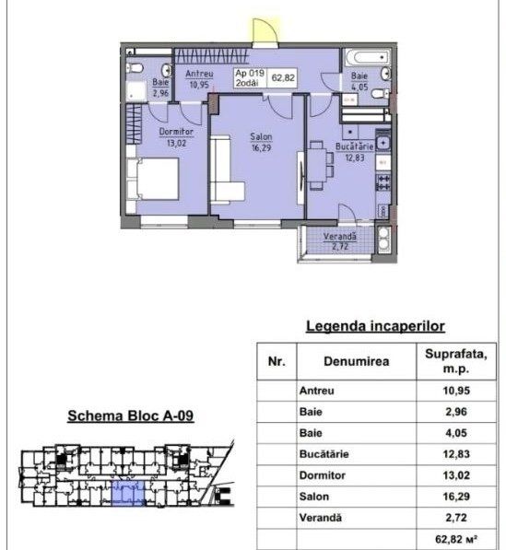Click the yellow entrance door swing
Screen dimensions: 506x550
[x=264, y=32]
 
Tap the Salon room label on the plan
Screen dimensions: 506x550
[x=261, y=136]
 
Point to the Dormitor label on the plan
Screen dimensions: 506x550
[x=176, y=132]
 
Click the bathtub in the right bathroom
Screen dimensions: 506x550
[x=367, y=57]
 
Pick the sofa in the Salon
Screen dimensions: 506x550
[x=225, y=170]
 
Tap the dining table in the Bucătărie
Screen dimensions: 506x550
[x=318, y=166]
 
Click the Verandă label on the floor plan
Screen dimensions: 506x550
[x=339, y=237]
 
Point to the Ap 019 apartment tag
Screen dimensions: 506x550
[x=250, y=74]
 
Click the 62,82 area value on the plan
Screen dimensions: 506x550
[x=283, y=77]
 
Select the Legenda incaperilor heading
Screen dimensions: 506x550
[x=375, y=326]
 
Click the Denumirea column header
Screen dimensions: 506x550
[x=356, y=361]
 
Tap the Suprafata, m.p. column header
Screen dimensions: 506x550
[x=456, y=361]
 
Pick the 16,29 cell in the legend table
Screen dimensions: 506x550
[x=456, y=497]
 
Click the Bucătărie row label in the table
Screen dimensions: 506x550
[x=324, y=454]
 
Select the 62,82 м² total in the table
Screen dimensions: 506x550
[x=456, y=538]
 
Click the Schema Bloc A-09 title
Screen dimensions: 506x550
[x=131, y=415]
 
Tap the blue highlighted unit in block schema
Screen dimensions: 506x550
[x=128, y=493]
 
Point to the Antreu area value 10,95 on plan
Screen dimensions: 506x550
[x=199, y=85]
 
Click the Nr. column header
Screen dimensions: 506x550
[x=277, y=361]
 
